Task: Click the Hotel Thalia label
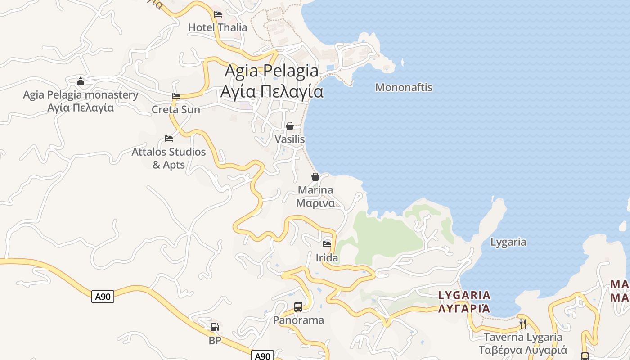tap(217, 27)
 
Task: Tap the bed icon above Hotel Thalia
tap(218, 14)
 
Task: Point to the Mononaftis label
tap(404, 87)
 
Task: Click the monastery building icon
tap(81, 81)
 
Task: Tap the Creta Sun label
tap(176, 109)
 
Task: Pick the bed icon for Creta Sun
tap(176, 96)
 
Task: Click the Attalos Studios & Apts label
tap(169, 158)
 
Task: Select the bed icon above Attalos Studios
tap(169, 139)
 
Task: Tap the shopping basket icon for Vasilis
tap(290, 126)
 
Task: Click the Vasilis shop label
tap(290, 139)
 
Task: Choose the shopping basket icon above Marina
tap(315, 177)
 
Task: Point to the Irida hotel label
tap(327, 258)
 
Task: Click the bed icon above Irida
tap(327, 244)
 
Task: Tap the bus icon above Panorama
tap(298, 307)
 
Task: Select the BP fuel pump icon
tap(215, 327)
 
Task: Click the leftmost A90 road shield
tap(103, 297)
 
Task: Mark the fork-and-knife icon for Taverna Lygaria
tap(523, 323)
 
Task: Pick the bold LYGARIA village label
tap(464, 302)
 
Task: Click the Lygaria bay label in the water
tap(508, 242)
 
